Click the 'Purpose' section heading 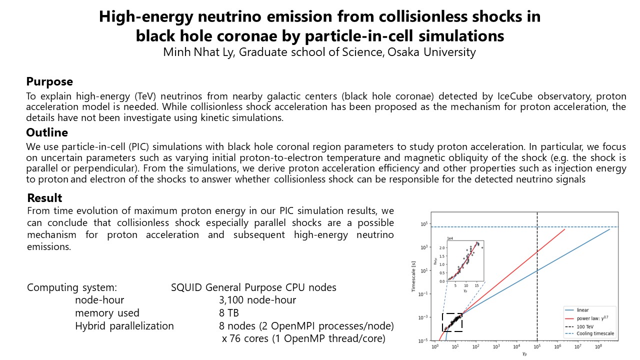tap(49, 81)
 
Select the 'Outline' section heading tap(47, 132)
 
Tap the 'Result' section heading tap(45, 198)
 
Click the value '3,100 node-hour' tap(257, 300)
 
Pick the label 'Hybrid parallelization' tap(124, 326)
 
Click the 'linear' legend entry tap(582, 310)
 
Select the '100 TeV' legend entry tap(584, 325)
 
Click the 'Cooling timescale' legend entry tap(595, 333)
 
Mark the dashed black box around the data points tap(452, 322)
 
